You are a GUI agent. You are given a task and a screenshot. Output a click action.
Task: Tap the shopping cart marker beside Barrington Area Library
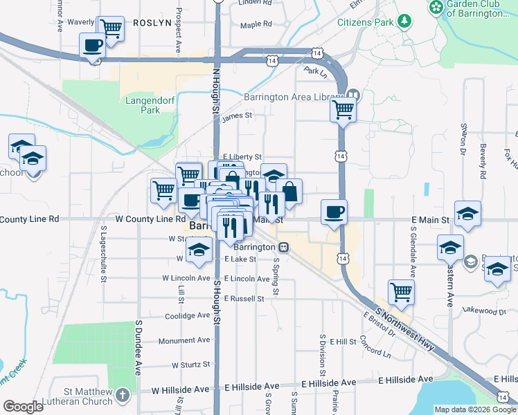pyautogui.click(x=343, y=109)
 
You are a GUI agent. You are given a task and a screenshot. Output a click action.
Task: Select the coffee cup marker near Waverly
pyautogui.click(x=93, y=46)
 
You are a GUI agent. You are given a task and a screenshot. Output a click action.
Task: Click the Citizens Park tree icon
pyautogui.click(x=403, y=22)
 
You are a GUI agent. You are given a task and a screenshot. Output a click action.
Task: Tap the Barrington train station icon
pyautogui.click(x=283, y=247)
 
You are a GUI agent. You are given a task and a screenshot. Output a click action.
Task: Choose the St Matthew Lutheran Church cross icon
pyautogui.click(x=123, y=396)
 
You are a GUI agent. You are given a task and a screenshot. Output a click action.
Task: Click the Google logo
pyautogui.click(x=24, y=407)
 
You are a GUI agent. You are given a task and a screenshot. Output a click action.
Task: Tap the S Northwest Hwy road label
pyautogui.click(x=406, y=329)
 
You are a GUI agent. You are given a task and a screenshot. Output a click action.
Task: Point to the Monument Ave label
pyautogui.click(x=184, y=340)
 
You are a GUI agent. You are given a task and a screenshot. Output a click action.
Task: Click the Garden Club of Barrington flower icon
pyautogui.click(x=436, y=8)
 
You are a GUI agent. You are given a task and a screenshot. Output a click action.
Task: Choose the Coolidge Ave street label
pyautogui.click(x=187, y=315)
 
